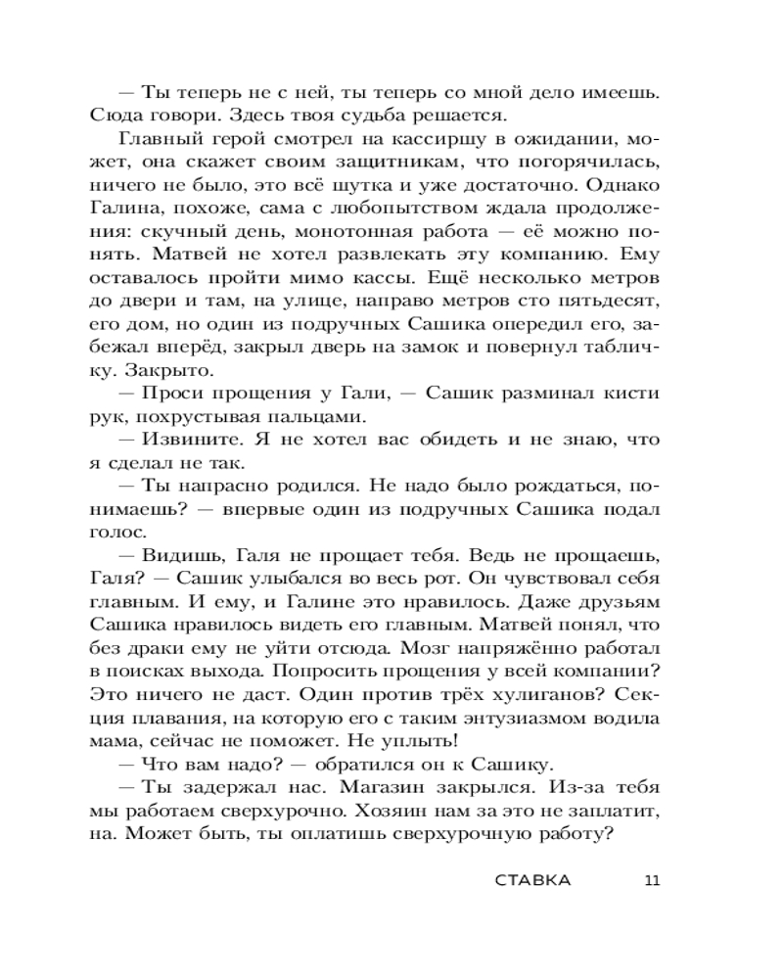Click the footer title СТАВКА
[532, 879]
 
